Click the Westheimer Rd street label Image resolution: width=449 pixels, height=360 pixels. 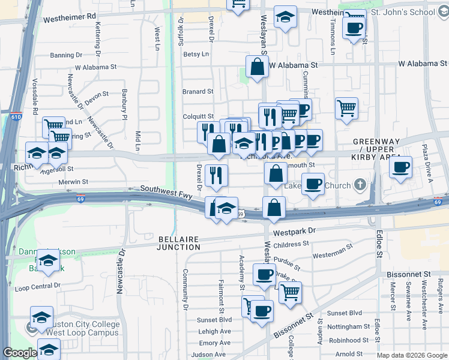tap(70, 19)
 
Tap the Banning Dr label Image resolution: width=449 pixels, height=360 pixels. tap(66, 55)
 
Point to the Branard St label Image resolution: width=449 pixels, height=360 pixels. tap(198, 92)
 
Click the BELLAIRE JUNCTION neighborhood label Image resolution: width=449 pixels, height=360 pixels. tap(179, 242)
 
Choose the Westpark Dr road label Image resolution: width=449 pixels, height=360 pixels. tap(294, 231)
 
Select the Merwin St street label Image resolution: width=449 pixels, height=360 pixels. tap(73, 181)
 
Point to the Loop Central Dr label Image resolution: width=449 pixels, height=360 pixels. tap(38, 288)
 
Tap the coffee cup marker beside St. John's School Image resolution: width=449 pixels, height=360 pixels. tap(354, 27)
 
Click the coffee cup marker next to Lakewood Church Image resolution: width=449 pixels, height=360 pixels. tap(313, 184)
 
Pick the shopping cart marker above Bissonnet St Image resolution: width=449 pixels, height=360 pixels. tap(290, 292)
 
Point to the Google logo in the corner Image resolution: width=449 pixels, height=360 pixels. tap(20, 353)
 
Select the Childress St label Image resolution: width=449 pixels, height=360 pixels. tap(291, 244)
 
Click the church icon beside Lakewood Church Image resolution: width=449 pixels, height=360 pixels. tap(360, 184)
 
